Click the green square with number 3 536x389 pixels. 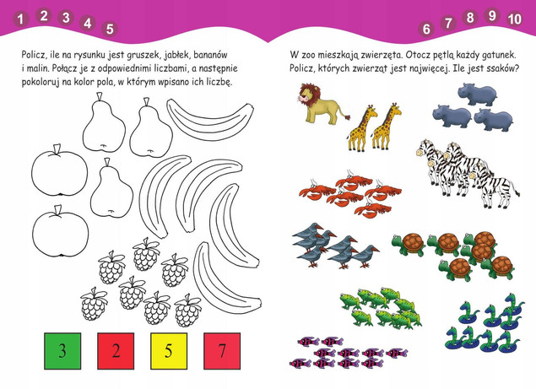(62, 351)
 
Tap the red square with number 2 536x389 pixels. (116, 351)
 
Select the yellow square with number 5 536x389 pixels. (168, 351)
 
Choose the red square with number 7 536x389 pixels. (221, 351)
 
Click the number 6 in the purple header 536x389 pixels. (426, 28)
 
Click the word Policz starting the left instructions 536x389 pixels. (35, 53)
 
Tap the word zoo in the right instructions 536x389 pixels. (317, 53)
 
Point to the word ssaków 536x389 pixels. (497, 68)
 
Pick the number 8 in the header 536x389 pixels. (470, 17)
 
